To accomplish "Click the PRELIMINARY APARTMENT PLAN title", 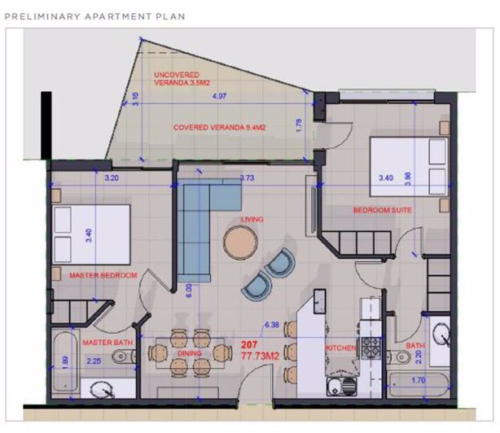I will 96,15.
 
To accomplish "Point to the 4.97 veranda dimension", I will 218,96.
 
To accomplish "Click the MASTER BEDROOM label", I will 102,275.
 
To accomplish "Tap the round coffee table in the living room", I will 241,241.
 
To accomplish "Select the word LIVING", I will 251,220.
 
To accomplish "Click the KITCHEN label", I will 340,348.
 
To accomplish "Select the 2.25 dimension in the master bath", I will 94,361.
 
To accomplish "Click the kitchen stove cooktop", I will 371,348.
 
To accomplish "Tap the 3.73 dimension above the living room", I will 246,177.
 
